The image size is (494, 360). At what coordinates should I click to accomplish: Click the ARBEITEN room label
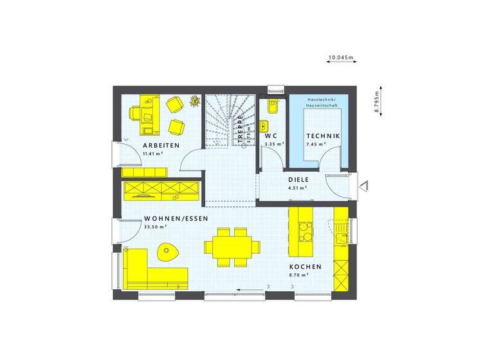(x=157, y=146)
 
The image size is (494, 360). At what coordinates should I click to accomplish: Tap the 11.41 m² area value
(x=152, y=154)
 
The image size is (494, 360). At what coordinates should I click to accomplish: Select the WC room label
(x=270, y=136)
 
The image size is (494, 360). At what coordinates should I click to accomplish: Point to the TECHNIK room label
(x=323, y=136)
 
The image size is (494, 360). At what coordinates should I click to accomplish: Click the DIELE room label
(x=298, y=180)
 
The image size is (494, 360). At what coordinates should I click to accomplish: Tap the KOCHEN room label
(x=305, y=267)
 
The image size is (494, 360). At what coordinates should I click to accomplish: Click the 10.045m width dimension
(x=341, y=58)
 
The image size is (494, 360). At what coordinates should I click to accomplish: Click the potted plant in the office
(x=194, y=100)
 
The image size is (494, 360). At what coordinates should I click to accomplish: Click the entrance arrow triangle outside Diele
(x=364, y=186)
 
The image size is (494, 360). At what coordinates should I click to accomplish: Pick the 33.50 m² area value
(x=156, y=226)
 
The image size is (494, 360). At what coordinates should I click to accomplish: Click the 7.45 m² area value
(x=316, y=145)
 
